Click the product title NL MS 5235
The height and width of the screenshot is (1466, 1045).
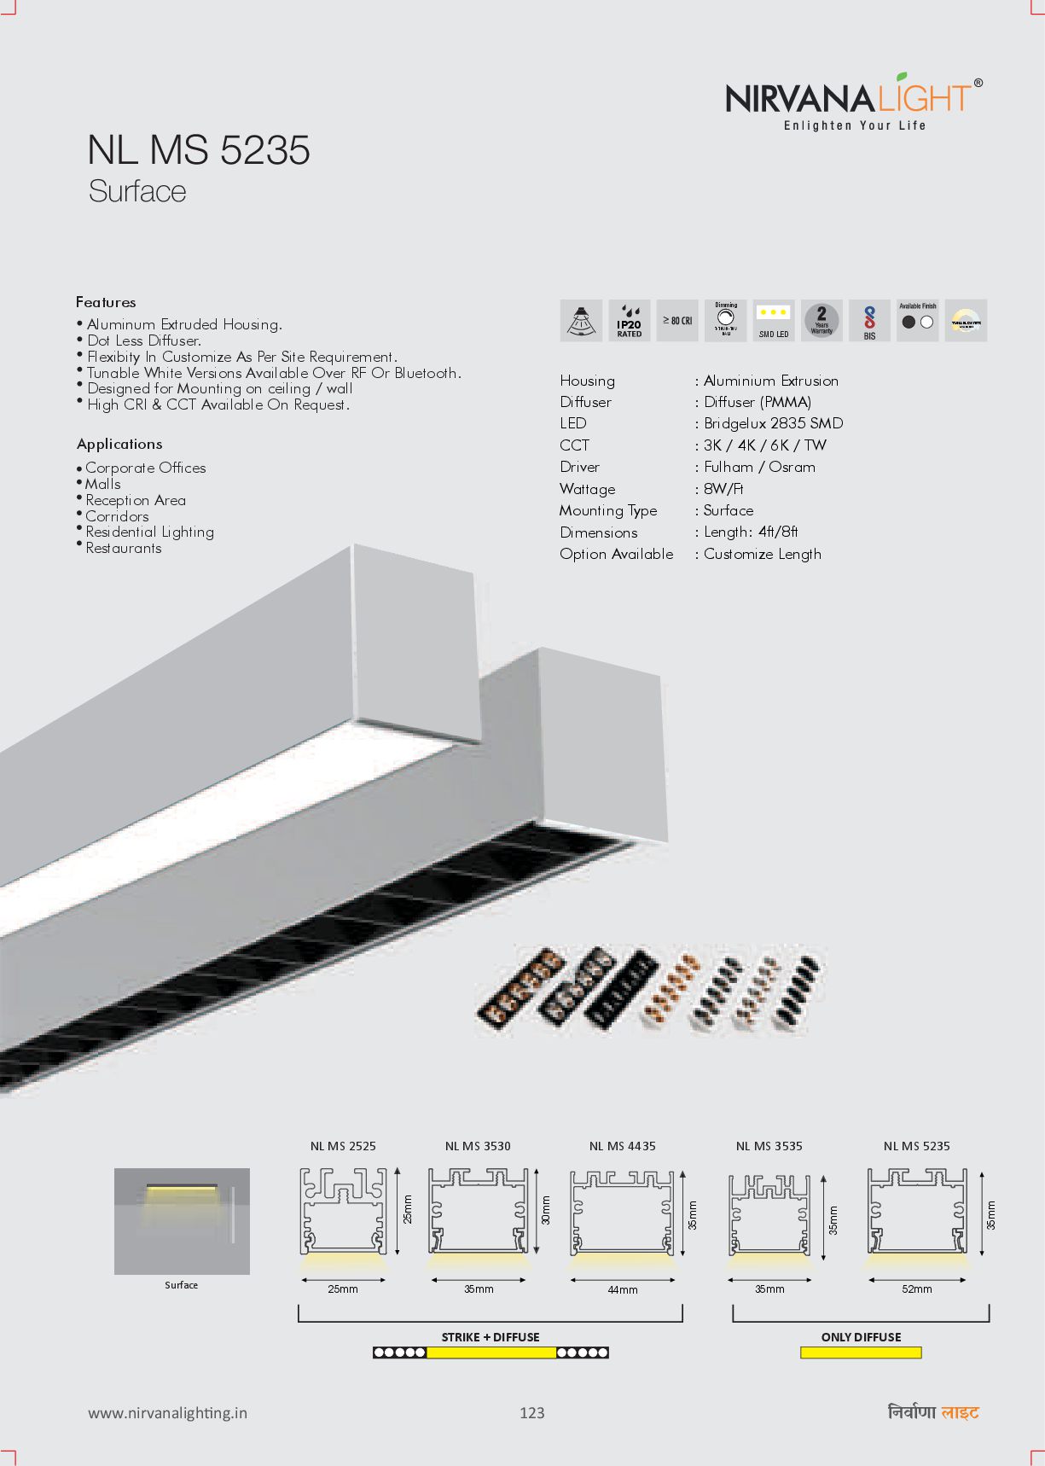(199, 150)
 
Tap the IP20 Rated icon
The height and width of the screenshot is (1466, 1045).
(630, 321)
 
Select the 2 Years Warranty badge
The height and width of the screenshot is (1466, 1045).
(821, 321)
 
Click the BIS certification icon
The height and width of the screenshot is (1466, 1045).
(869, 321)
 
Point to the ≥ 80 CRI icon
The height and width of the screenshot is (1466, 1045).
(677, 321)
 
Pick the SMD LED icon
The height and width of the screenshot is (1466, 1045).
(774, 321)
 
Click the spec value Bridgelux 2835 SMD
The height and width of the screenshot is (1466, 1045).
(773, 423)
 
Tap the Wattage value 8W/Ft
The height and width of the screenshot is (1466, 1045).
(723, 489)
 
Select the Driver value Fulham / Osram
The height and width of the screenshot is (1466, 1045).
(759, 467)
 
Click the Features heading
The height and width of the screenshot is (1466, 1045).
(106, 302)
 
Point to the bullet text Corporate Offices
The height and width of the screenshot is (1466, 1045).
(146, 468)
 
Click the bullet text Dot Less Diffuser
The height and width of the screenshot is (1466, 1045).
(144, 340)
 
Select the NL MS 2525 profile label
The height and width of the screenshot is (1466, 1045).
(343, 1146)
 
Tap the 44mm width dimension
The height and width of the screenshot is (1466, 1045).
(623, 1289)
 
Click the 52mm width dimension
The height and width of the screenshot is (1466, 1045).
(917, 1289)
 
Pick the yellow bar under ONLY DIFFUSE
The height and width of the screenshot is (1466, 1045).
(861, 1353)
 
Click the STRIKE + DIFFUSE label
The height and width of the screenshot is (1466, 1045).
(491, 1337)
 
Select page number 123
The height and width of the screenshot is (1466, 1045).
(531, 1413)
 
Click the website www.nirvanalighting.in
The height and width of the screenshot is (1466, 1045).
(168, 1413)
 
